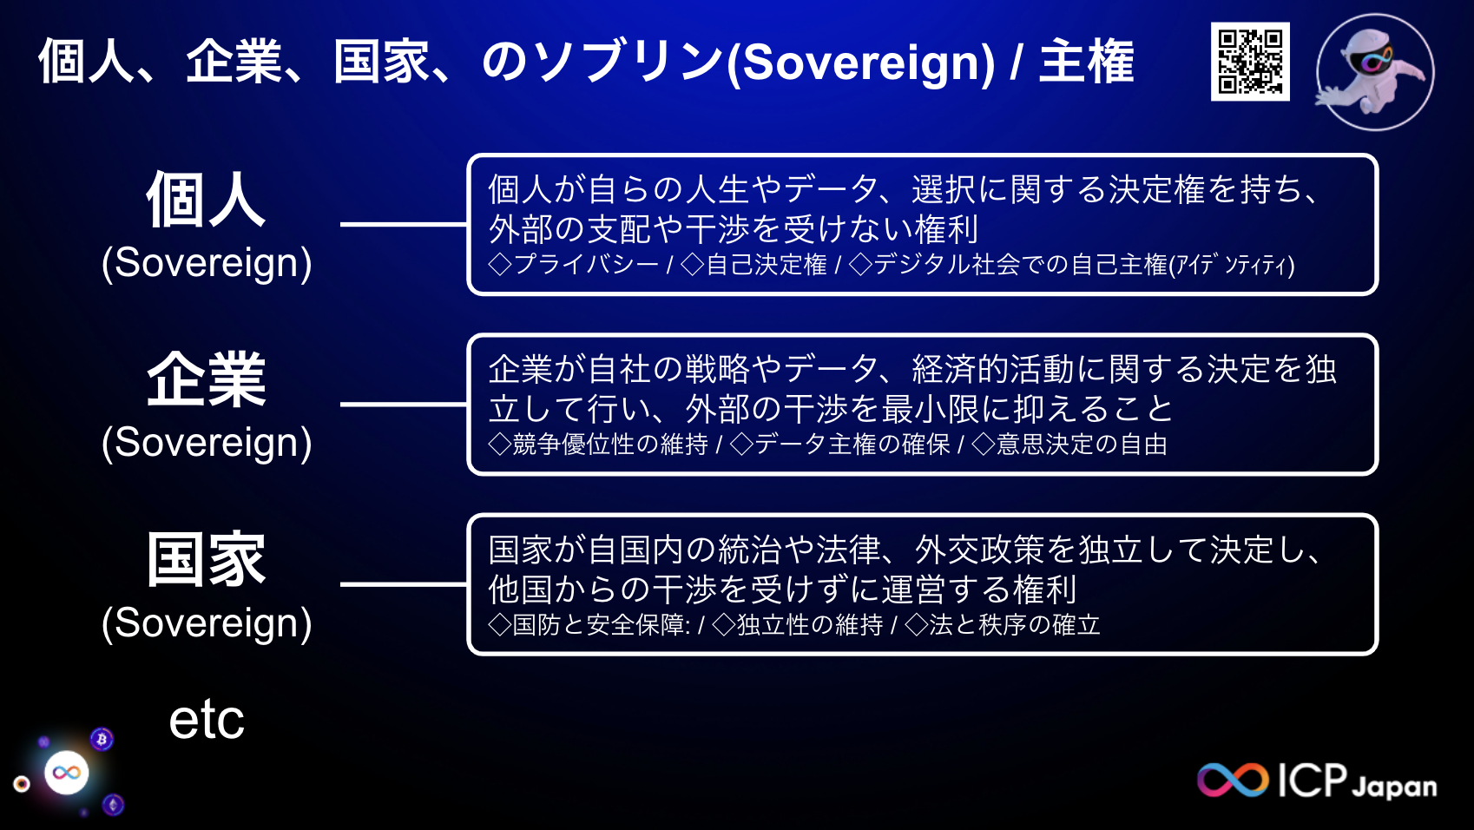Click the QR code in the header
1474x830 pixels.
click(1250, 62)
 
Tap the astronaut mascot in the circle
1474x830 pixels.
click(1374, 72)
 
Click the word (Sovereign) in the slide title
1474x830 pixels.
click(860, 63)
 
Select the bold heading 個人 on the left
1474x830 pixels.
click(206, 200)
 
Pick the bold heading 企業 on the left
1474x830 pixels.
click(206, 379)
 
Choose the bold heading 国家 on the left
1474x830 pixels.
click(206, 560)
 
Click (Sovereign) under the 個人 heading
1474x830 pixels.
click(207, 262)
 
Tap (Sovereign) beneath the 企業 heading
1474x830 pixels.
click(207, 442)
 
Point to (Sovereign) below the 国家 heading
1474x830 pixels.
click(207, 622)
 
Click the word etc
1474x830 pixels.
click(207, 719)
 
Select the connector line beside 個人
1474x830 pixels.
click(404, 224)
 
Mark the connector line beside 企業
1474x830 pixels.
click(404, 404)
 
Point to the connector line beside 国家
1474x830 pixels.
click(404, 584)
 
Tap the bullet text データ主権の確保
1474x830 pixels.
click(852, 445)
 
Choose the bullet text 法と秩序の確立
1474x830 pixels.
click(1014, 625)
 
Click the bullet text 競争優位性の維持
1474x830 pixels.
click(610, 445)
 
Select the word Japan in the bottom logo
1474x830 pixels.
click(1394, 787)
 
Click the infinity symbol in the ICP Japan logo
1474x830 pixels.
click(1233, 780)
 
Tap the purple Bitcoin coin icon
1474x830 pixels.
click(102, 739)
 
